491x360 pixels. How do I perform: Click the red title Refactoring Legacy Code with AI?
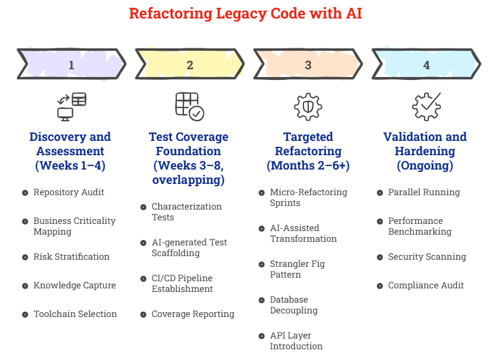pyautogui.click(x=245, y=13)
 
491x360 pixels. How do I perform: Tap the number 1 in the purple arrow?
pyautogui.click(x=72, y=65)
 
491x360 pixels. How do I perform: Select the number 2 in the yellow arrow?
pyautogui.click(x=190, y=65)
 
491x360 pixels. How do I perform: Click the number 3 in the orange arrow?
pyautogui.click(x=308, y=65)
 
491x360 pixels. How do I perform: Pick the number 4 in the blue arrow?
pyautogui.click(x=426, y=65)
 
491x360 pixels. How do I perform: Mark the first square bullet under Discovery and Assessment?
pyautogui.click(x=24, y=192)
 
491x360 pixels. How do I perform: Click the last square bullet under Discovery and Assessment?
pyautogui.click(x=24, y=314)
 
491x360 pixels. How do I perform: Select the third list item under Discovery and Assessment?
pyautogui.click(x=72, y=257)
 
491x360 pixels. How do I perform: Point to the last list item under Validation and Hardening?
pyautogui.click(x=420, y=286)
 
